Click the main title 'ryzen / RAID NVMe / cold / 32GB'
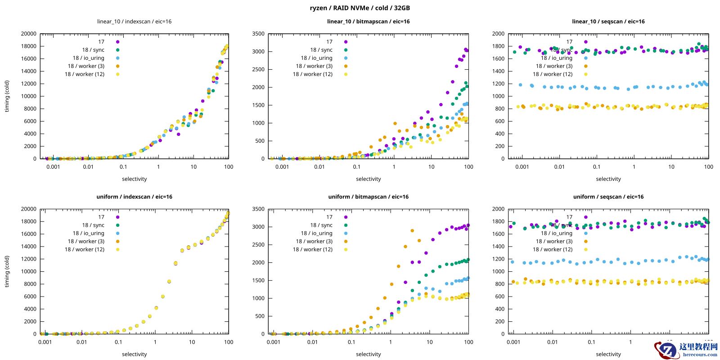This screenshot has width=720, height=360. [360, 8]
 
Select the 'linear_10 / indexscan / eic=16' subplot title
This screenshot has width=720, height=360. [134, 22]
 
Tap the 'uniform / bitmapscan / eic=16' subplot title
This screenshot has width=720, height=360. [368, 197]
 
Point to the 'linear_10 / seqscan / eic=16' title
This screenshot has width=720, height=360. [608, 22]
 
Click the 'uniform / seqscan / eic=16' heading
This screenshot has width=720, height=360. [608, 197]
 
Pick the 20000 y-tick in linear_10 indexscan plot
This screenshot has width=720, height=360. [28, 34]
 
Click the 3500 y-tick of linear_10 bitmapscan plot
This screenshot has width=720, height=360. [258, 34]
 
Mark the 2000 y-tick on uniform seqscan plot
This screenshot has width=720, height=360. [498, 209]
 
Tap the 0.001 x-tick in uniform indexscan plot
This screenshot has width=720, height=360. [45, 342]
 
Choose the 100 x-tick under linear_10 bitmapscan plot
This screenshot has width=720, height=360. [468, 167]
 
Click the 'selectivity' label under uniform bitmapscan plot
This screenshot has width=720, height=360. [368, 354]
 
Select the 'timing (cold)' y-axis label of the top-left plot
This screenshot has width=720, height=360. [7, 96]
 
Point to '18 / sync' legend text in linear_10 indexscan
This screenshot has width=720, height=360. [93, 50]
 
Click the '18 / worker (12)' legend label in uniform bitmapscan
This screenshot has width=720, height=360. [312, 249]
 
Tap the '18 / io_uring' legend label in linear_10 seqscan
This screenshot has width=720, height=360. [556, 58]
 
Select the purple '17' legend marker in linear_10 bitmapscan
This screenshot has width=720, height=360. [346, 42]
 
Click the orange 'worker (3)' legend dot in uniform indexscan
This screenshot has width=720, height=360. [117, 241]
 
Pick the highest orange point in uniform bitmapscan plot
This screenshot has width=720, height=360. [412, 231]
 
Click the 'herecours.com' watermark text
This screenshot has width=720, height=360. [700, 355]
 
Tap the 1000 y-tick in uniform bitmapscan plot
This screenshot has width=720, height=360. [258, 298]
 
